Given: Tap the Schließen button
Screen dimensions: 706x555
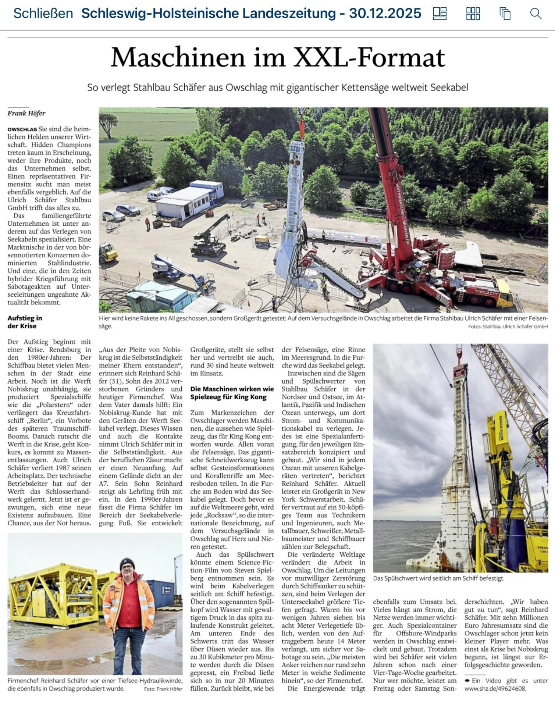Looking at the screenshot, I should click(43, 14).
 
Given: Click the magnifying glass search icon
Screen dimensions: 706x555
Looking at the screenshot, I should click(535, 14).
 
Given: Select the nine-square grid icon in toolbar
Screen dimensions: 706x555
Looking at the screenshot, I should click(473, 14).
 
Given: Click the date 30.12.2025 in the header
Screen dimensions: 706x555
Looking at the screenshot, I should click(385, 14).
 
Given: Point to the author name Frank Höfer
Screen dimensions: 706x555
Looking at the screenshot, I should click(26, 113).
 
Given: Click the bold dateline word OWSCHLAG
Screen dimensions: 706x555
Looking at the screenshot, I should click(22, 129).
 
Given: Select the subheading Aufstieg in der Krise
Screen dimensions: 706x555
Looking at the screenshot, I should click(25, 322).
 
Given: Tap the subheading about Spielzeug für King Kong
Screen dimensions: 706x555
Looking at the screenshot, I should click(232, 393).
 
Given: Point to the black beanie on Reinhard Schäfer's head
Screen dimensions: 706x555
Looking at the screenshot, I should click(127, 563).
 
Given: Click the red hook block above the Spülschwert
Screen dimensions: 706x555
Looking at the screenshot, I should click(458, 368).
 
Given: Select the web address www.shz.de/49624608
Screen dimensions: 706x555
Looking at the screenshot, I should click(495, 689).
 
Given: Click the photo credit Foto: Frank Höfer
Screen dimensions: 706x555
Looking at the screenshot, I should click(163, 689).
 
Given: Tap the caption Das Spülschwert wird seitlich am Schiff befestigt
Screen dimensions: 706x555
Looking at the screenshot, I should click(438, 578).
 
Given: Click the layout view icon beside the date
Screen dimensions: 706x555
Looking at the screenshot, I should click(440, 14).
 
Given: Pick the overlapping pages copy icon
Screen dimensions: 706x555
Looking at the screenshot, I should click(505, 14).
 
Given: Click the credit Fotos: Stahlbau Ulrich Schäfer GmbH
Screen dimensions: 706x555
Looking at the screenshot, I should click(508, 327).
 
